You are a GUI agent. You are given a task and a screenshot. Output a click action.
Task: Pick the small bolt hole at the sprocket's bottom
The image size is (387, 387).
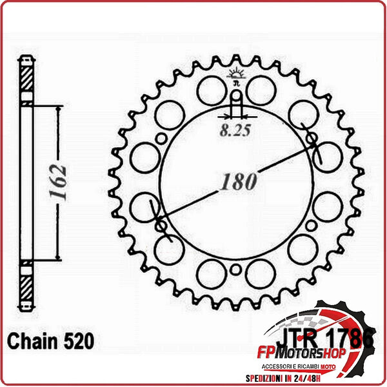(x=236, y=270)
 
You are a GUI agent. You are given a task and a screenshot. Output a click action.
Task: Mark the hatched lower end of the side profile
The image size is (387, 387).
(x=25, y=284)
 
